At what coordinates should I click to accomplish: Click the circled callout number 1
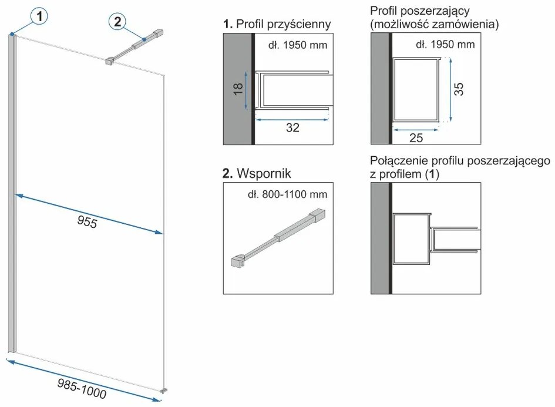39,16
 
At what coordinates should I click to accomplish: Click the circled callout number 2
117,21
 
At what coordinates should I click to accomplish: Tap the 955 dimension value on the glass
87,222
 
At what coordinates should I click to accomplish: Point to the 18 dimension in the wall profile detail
238,89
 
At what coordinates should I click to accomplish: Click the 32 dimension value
292,128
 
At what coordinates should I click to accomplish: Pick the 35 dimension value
458,89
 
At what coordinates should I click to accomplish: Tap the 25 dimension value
416,137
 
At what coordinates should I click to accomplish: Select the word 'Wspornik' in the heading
264,173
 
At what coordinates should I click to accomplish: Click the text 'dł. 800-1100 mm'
287,194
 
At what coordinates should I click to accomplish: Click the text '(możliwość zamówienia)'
434,24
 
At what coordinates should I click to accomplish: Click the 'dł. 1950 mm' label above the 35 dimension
445,44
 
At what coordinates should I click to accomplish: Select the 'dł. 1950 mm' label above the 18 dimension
298,45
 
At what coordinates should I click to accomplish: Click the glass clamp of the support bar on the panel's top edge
109,61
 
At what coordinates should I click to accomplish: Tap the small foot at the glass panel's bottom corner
163,391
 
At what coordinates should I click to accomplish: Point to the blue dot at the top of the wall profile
12,34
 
